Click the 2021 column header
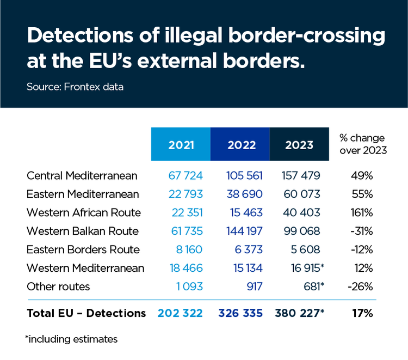[x=181, y=144]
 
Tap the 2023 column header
[x=299, y=144]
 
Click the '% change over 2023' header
[x=362, y=144]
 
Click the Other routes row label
[x=58, y=286]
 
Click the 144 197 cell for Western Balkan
[x=244, y=231]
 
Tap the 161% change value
[x=362, y=212]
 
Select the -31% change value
[x=362, y=231]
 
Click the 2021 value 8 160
[x=188, y=249]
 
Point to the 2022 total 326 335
[x=240, y=313]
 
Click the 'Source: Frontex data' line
[x=75, y=87]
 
